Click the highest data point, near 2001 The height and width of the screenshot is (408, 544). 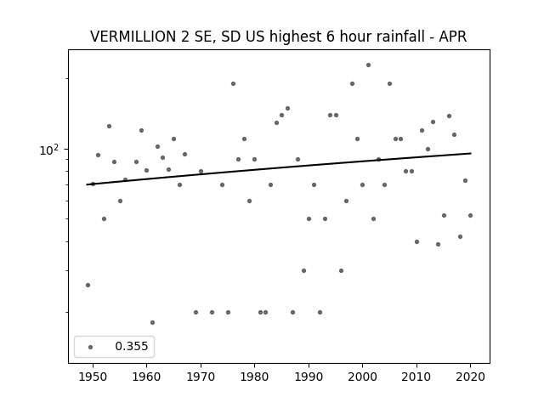point(368,65)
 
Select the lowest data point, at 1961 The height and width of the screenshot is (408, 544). point(152,323)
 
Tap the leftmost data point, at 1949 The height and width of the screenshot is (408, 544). point(88,286)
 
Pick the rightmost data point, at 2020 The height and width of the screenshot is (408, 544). point(470,215)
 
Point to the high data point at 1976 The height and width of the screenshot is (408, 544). point(233,83)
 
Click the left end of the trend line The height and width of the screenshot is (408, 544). point(87,184)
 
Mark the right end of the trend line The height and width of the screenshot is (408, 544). point(471,153)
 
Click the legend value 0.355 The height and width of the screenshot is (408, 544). point(132,346)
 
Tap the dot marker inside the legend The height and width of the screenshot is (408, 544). point(91,347)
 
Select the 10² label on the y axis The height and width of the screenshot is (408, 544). point(48,150)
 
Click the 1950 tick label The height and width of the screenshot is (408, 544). point(93,377)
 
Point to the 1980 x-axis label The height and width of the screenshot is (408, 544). point(254,377)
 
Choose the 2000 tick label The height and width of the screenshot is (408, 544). point(362,377)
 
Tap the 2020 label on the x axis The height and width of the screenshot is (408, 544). point(470,377)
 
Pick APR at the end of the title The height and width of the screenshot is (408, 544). point(453,37)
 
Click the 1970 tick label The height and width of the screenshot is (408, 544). point(201,377)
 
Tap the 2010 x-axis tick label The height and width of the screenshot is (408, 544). point(416,377)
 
